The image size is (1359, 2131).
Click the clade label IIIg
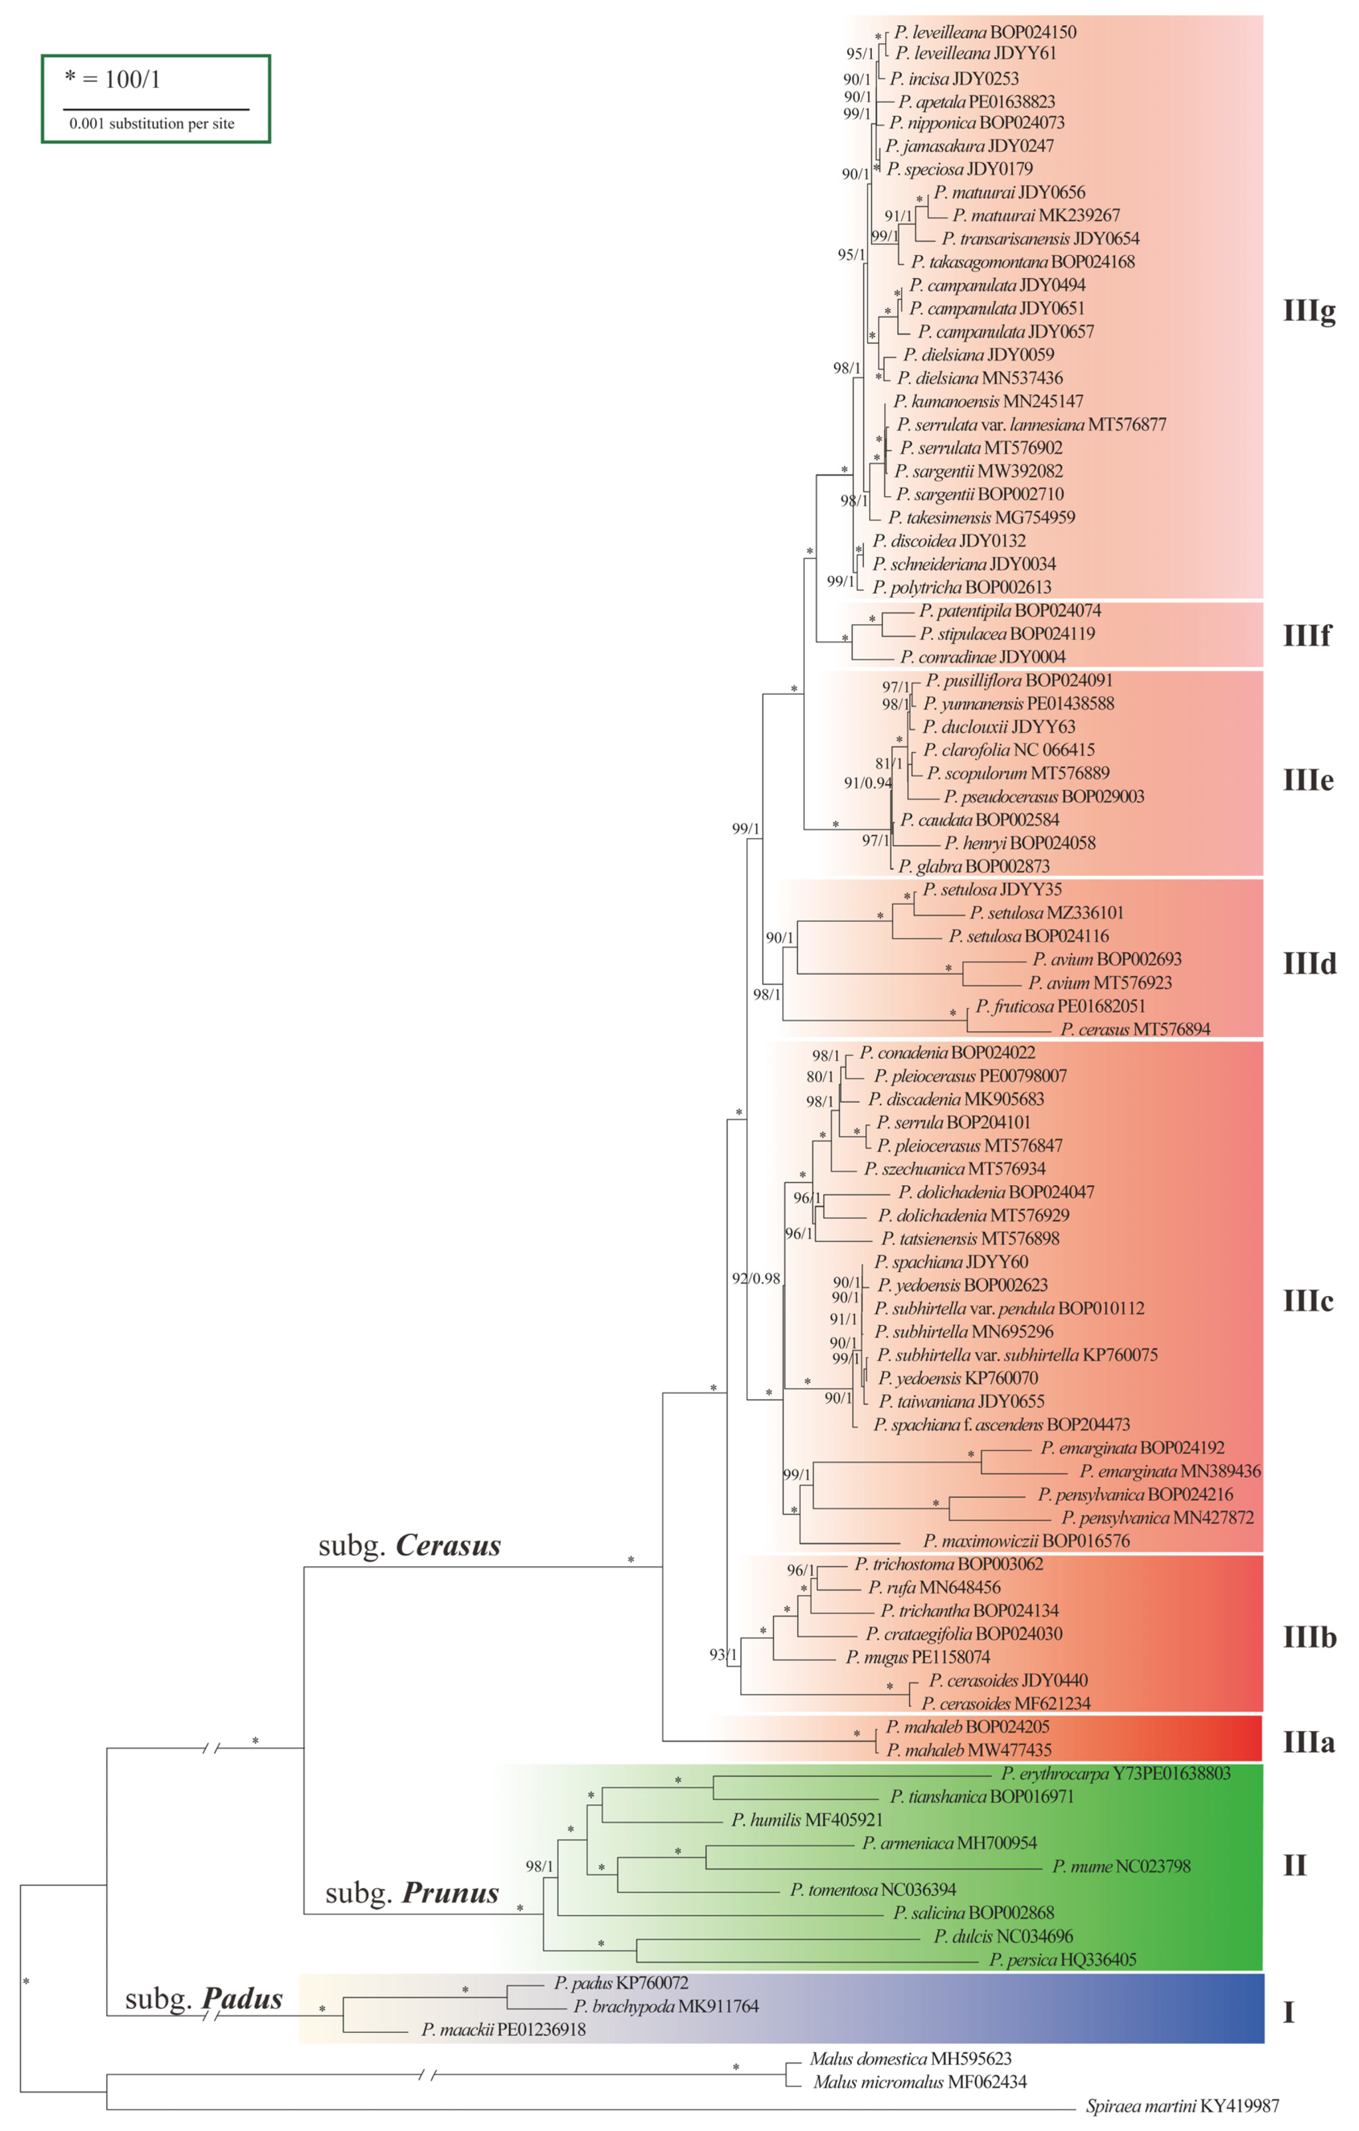[1309, 311]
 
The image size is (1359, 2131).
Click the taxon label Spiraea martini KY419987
[1182, 2106]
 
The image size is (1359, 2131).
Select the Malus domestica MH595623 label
[910, 2059]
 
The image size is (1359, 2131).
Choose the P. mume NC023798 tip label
[1121, 1866]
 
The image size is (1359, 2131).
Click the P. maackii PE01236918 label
[503, 2029]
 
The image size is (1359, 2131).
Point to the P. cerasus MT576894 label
[1135, 1029]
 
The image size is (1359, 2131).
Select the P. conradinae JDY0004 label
[983, 657]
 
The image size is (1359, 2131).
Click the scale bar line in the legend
[156, 110]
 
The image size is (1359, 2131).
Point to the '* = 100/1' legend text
[112, 80]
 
